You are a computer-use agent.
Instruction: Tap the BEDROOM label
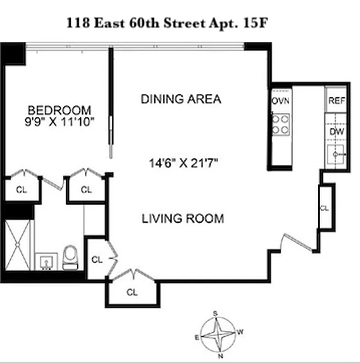coord(59,110)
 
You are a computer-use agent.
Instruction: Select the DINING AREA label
coord(181,99)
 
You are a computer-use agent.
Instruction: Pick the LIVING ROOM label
coord(183,219)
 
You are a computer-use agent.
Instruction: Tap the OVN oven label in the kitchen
coord(281,101)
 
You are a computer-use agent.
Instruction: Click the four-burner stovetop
coord(281,124)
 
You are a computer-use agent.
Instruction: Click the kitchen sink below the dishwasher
coord(336,155)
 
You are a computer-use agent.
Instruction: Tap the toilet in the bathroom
coord(70,257)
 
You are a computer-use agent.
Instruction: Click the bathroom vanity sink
coord(45,262)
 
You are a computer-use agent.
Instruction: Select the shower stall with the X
coord(18,245)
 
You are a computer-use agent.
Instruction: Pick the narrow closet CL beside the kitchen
coord(325,208)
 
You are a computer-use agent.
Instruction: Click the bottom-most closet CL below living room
coord(132,292)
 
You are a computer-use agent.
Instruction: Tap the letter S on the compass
coord(216,314)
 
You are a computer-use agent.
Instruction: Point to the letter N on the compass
coord(220,355)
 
